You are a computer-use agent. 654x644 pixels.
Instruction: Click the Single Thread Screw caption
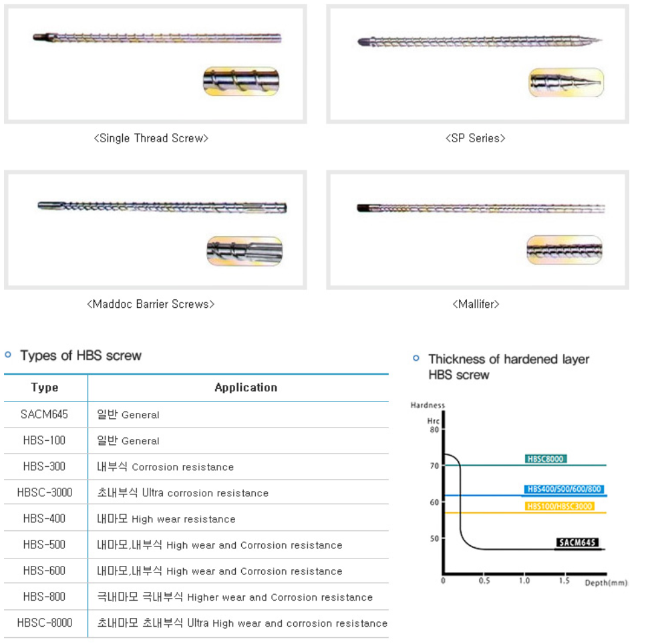(151, 138)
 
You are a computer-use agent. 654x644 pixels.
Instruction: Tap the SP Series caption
(476, 138)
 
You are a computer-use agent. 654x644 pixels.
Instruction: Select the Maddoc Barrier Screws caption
(150, 304)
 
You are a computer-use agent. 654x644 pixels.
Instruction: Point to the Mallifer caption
(476, 304)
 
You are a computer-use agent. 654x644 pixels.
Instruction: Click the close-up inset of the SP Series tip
(566, 83)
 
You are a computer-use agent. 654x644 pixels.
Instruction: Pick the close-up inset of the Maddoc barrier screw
(244, 251)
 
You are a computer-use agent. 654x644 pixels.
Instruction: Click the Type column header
(45, 387)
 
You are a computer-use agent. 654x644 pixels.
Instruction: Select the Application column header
(246, 387)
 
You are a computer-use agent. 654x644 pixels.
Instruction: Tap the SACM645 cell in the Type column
(44, 414)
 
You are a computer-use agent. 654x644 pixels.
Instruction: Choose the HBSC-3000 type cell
(45, 492)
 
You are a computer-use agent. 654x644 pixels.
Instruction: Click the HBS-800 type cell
(44, 597)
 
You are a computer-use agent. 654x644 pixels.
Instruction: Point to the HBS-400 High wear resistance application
(166, 519)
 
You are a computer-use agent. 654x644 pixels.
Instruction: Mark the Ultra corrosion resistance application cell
(182, 492)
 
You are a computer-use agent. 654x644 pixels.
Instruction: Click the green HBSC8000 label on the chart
(546, 459)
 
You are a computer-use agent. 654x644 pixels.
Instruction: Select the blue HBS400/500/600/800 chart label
(564, 489)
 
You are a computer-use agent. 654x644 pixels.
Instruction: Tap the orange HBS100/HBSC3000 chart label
(559, 506)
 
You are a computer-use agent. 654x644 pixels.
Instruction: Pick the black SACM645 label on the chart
(577, 542)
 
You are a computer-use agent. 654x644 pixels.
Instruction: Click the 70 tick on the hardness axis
(434, 466)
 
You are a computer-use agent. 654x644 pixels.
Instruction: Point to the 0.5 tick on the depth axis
(484, 581)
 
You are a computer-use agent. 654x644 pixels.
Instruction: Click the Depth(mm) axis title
(606, 583)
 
